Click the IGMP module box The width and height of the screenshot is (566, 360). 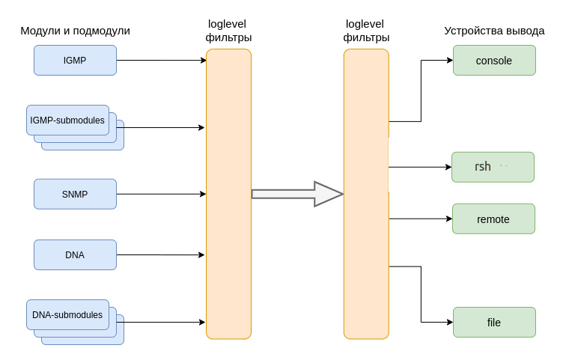coord(75,61)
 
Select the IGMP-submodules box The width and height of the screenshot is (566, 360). coord(67,120)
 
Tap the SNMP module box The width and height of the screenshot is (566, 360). coord(75,195)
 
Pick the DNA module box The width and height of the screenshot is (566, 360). coord(75,255)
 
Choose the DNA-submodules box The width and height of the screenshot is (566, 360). coord(67,315)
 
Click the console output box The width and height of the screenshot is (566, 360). coord(494,61)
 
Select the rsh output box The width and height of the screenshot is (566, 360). coord(493,167)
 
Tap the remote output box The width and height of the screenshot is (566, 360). coord(493,219)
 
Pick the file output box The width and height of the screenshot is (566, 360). coord(494,323)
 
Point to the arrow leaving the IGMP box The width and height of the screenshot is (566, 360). coord(161,61)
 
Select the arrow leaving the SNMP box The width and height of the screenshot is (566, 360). coord(161,195)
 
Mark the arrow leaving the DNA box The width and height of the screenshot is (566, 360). coord(160,255)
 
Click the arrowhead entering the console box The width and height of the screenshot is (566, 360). coord(449,61)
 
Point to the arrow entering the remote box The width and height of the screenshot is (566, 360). coord(421,219)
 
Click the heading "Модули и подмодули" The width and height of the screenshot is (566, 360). coord(75,31)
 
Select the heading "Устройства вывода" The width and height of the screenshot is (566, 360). coord(494,31)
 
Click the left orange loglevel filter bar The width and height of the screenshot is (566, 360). coord(228,194)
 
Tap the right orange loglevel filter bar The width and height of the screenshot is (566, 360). coord(366,194)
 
